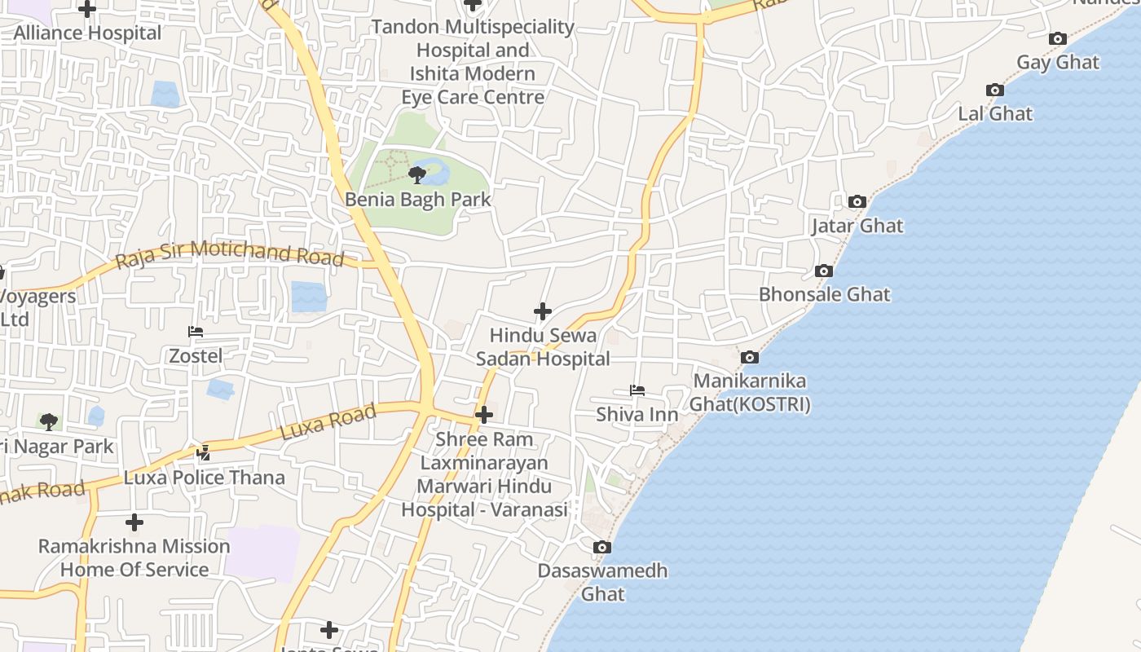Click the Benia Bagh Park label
tap(418, 200)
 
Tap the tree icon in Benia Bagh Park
tap(416, 174)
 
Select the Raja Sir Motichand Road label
tap(229, 254)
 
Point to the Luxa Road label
tap(328, 421)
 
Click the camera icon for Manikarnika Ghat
tap(749, 357)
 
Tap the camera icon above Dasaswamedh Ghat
tap(601, 547)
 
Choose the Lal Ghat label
tap(995, 114)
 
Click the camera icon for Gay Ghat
tap(1058, 38)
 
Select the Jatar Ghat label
tap(857, 226)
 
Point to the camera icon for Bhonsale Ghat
tap(823, 271)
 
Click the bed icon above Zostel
tap(196, 332)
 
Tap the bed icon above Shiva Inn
tap(637, 391)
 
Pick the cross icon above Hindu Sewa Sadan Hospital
tap(543, 311)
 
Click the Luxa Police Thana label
tap(205, 478)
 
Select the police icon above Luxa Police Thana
tap(204, 453)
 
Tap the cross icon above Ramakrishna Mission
tap(134, 522)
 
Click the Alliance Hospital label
tap(88, 33)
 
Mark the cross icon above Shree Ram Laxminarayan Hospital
tap(484, 415)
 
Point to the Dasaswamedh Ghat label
tap(602, 582)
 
